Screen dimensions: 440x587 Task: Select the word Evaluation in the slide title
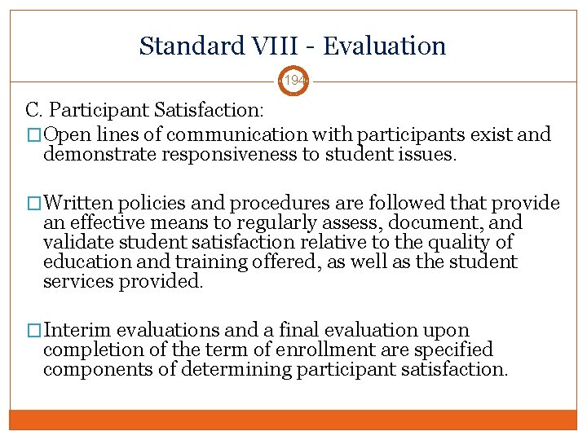[384, 46]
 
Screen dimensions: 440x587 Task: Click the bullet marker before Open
[35, 134]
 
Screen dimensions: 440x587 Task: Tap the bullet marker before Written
[35, 204]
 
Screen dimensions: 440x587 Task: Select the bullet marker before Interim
[35, 331]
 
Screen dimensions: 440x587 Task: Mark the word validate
[80, 243]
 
